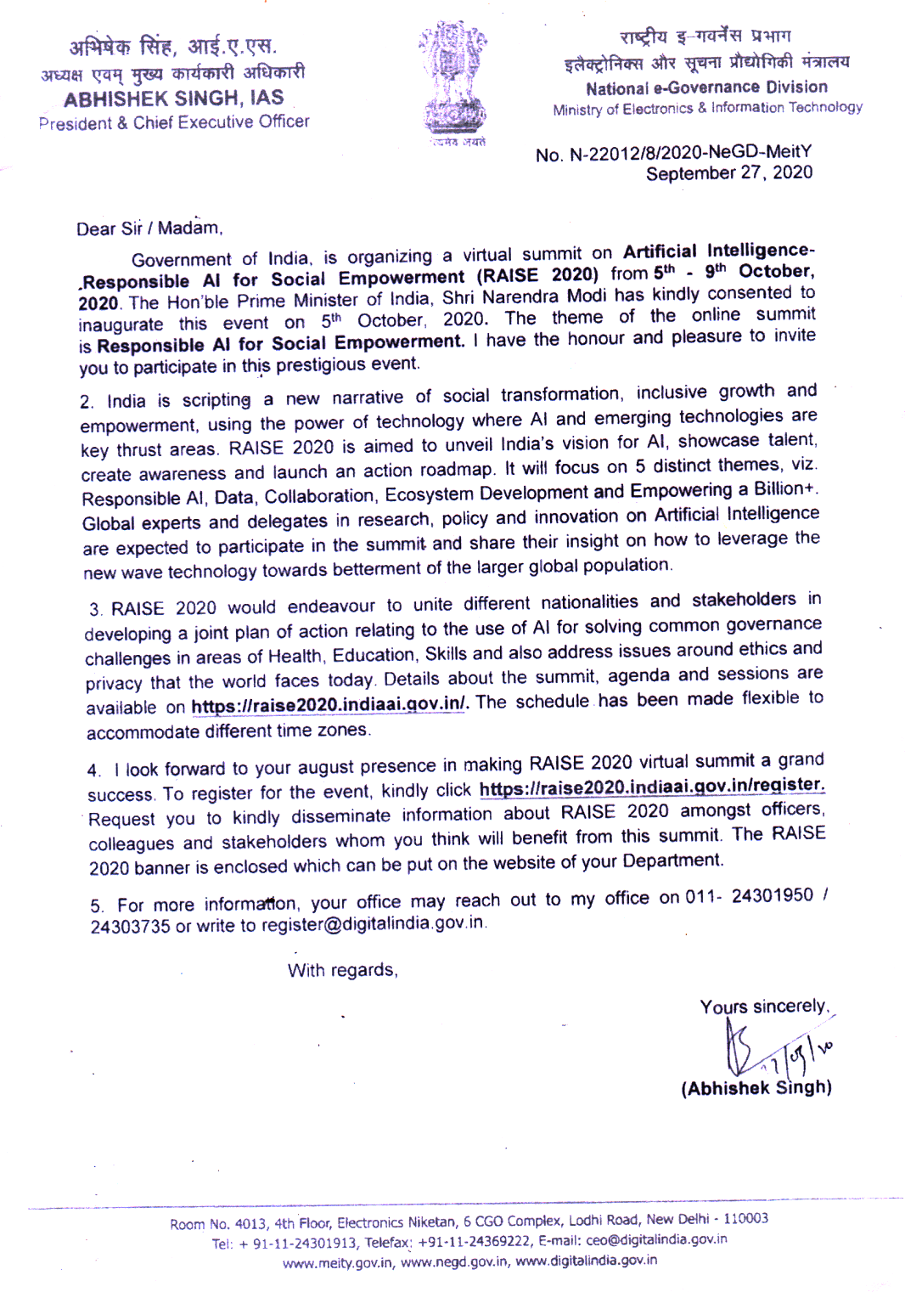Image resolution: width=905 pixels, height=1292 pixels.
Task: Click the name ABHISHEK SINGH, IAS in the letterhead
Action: (173, 99)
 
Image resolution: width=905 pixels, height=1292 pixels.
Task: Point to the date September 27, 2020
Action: (728, 173)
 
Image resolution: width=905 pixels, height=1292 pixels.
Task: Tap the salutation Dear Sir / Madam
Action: (149, 228)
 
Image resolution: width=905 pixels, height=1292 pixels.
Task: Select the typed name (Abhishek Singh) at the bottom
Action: (756, 1088)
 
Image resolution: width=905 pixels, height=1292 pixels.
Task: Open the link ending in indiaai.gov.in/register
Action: (651, 787)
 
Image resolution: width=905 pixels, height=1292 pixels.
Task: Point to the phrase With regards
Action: (342, 970)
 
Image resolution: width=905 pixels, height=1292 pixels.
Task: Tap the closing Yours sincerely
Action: (763, 1007)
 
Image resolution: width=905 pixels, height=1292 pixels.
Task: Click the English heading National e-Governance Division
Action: (706, 87)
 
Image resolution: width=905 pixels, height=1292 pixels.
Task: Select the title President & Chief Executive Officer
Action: (174, 122)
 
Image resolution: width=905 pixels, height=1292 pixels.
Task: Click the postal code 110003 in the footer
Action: (745, 1219)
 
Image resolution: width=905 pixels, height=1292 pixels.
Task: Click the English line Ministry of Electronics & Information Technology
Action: (707, 109)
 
